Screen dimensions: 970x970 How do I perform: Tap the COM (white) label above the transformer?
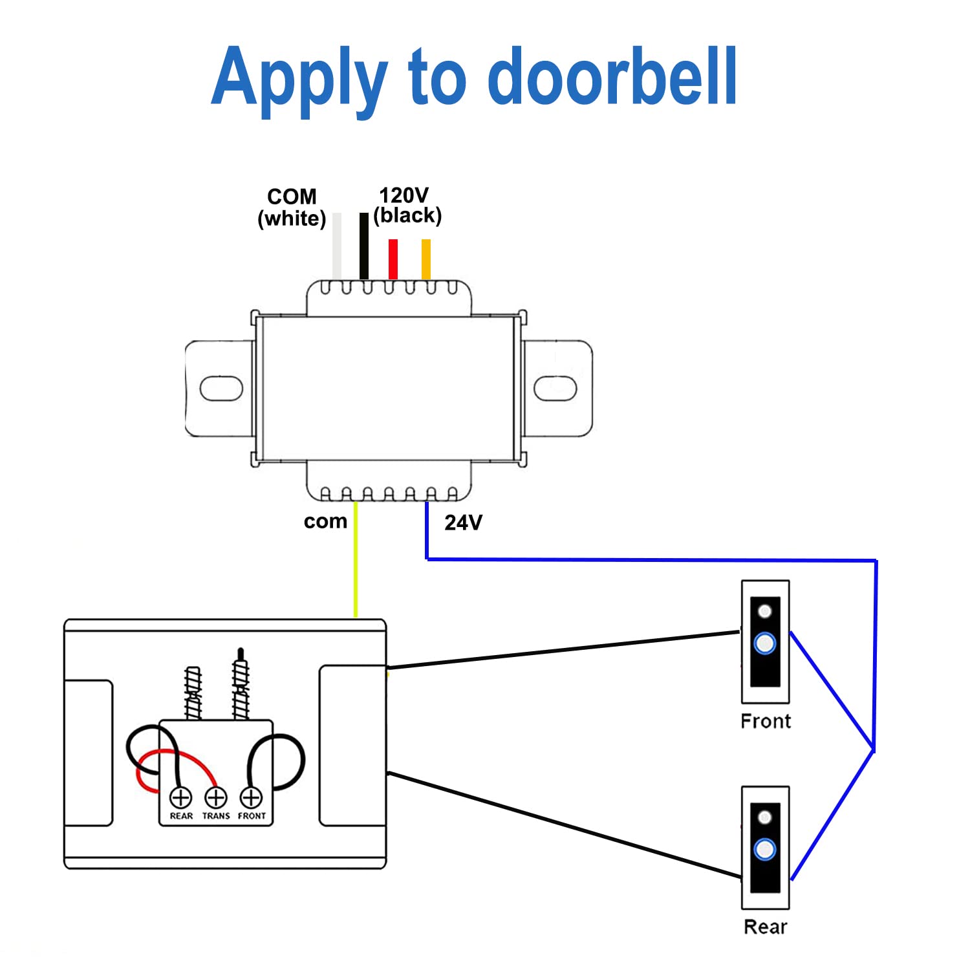point(292,208)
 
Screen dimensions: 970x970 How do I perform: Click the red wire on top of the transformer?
point(393,259)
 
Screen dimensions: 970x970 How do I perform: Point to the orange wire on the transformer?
point(426,259)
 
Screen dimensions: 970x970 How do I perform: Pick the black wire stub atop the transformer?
point(364,246)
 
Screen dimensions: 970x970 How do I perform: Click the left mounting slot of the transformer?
point(221,388)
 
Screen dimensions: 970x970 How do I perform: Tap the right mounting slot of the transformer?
point(555,388)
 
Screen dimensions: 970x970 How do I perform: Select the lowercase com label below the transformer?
point(325,521)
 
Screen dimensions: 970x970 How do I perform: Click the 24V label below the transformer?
point(463,523)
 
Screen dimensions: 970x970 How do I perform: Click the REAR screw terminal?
point(181,797)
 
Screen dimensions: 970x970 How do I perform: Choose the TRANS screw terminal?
point(216,797)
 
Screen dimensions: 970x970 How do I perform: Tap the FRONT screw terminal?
point(251,797)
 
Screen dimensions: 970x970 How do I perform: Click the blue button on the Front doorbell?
point(765,643)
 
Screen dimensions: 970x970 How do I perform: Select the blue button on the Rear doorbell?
point(765,849)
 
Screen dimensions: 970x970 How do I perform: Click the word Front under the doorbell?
point(766,721)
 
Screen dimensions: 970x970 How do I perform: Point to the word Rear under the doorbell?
point(766,927)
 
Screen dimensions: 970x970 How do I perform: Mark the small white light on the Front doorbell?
point(765,611)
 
